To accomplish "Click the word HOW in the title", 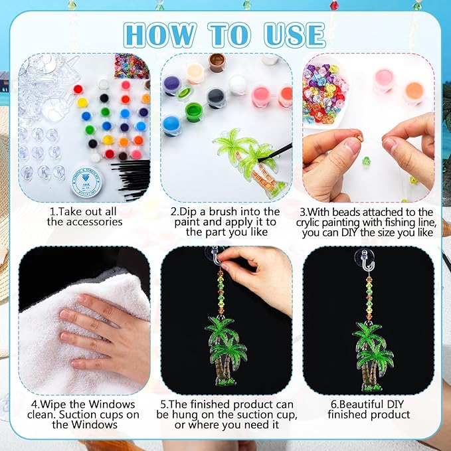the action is pos(160,35).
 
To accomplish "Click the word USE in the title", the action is pos(294,35).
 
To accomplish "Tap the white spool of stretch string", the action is pos(86,182).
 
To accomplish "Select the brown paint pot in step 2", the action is pos(217,62).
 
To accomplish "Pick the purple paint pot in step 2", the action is pos(171,85).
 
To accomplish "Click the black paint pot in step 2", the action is pos(216,98).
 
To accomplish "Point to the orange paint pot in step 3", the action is pos(414,92).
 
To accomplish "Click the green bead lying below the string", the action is pos(366,161).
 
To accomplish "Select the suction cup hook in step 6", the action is pos(365,260).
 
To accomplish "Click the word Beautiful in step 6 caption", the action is pos(361,404).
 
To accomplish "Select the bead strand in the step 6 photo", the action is pos(369,298).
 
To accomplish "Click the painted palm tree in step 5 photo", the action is pos(226,351).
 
